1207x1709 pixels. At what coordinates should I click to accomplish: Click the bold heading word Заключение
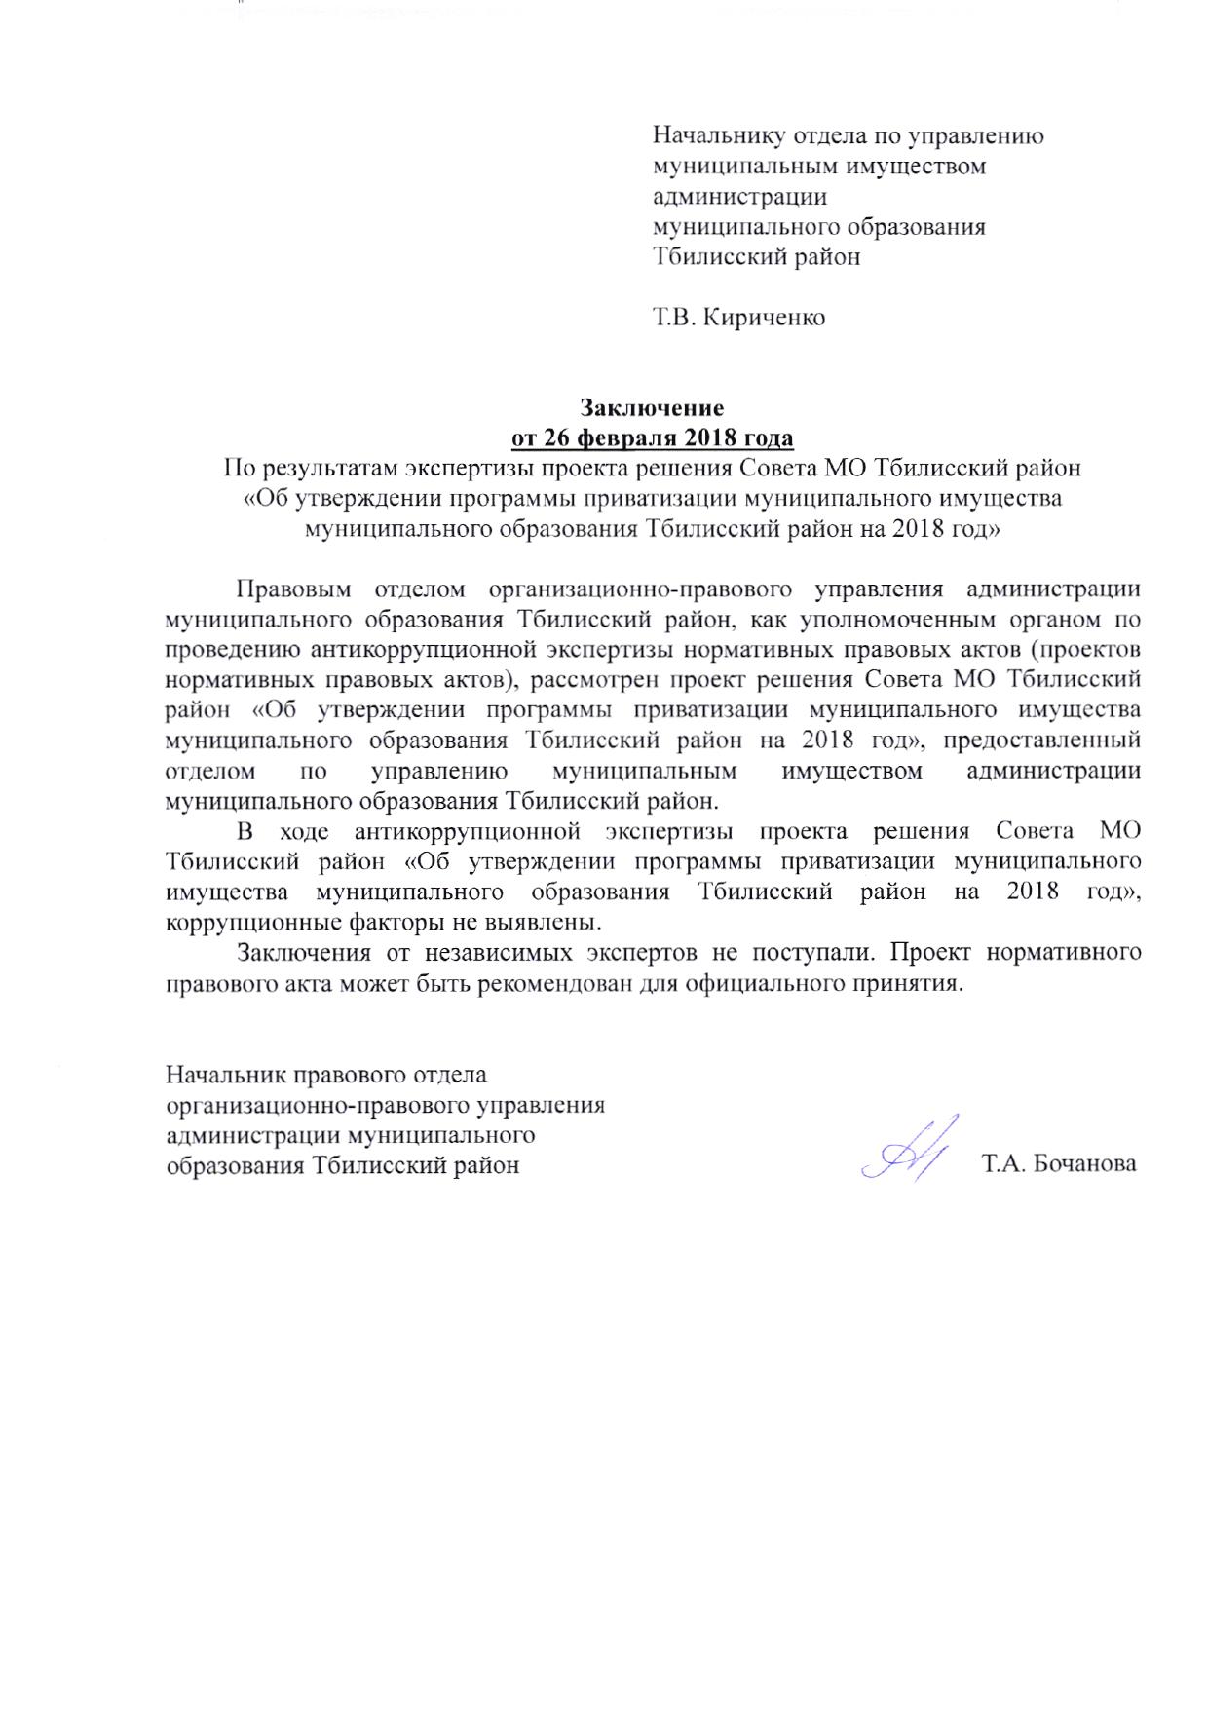pyautogui.click(x=652, y=406)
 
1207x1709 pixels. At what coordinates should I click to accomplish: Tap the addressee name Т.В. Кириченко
pyautogui.click(x=738, y=318)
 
